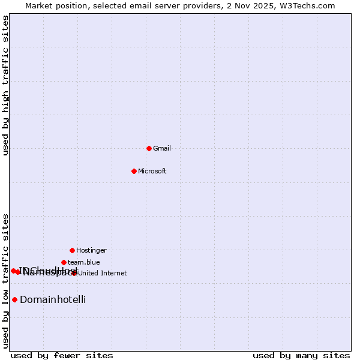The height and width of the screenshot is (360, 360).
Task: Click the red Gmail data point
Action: pyautogui.click(x=149, y=148)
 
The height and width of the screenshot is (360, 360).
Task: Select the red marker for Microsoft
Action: pyautogui.click(x=134, y=171)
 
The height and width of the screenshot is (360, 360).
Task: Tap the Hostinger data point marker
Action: pyautogui.click(x=72, y=250)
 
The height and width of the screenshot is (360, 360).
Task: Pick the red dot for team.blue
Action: pyautogui.click(x=64, y=262)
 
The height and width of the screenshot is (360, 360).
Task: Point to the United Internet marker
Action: pyautogui.click(x=74, y=273)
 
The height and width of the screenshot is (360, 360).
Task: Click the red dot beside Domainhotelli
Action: pyautogui.click(x=14, y=299)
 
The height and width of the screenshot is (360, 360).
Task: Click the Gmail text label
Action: pyautogui.click(x=162, y=148)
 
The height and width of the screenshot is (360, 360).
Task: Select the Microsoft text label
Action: pyautogui.click(x=152, y=171)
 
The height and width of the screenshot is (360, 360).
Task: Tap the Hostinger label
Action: pyautogui.click(x=91, y=250)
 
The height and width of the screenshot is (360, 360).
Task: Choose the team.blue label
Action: pyautogui.click(x=84, y=262)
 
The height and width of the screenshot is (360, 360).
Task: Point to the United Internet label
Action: pyautogui.click(x=103, y=273)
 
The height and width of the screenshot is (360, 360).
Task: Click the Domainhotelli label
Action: pyautogui.click(x=53, y=299)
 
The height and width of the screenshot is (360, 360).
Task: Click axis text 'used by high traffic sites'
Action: pyautogui.click(x=6, y=85)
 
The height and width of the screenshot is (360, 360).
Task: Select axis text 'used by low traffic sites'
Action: pyautogui.click(x=6, y=281)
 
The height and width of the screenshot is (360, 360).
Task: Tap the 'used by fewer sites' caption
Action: pyautogui.click(x=62, y=355)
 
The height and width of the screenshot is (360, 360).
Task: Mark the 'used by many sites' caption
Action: pyautogui.click(x=301, y=355)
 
